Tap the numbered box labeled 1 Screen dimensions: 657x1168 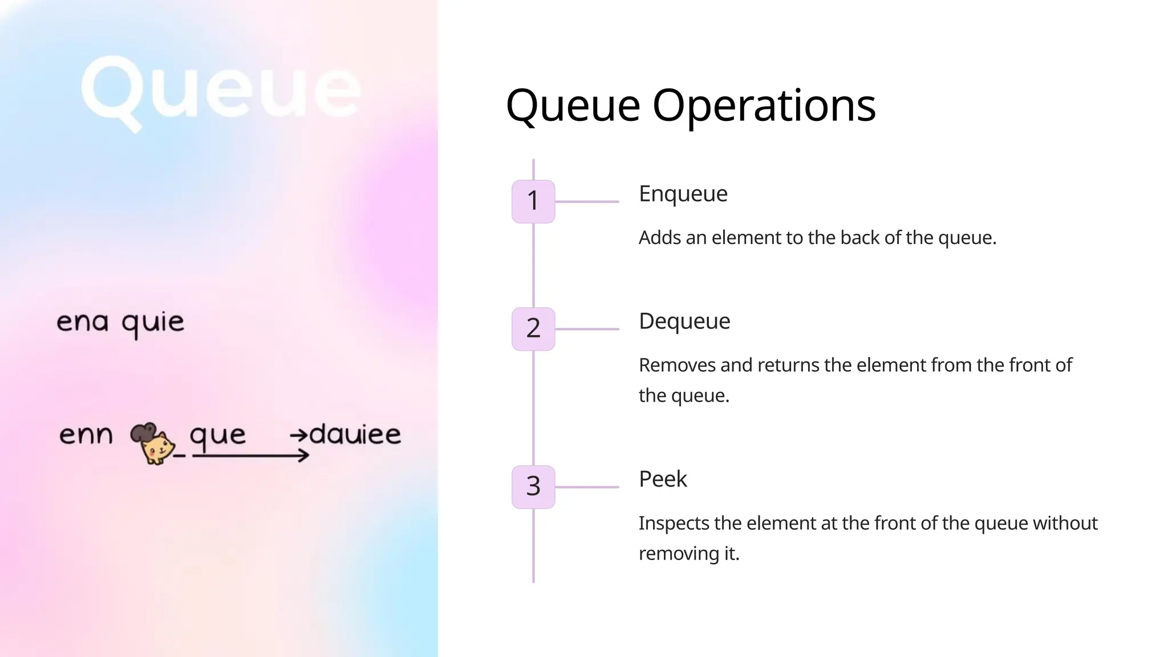pos(533,201)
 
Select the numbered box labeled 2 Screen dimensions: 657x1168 pos(533,328)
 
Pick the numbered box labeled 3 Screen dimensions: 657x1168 pos(533,486)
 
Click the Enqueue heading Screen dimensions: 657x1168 pos(683,194)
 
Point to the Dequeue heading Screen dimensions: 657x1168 pos(684,321)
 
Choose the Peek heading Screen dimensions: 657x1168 pos(663,479)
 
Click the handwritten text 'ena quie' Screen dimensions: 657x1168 pos(120,323)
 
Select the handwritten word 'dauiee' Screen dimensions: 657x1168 pos(355,435)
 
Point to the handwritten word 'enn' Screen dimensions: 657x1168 pos(86,435)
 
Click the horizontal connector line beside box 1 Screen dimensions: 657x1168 pos(587,201)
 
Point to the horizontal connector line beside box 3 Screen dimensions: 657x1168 pos(587,487)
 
